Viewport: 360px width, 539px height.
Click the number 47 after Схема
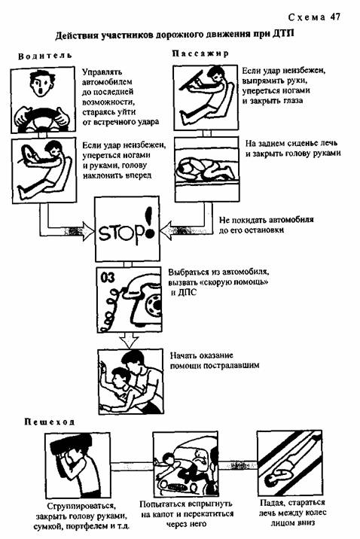click(335, 17)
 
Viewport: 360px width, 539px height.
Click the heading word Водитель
click(45, 56)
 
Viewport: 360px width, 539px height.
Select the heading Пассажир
click(200, 53)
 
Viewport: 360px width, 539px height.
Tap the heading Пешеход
click(49, 422)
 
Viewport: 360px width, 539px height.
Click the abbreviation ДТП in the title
click(284, 34)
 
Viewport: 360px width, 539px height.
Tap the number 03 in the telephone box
click(108, 278)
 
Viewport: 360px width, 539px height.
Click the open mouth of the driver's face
click(41, 91)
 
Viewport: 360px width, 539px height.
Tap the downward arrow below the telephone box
click(128, 340)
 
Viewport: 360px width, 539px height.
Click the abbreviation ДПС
click(187, 293)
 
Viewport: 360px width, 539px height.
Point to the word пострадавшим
click(231, 365)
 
